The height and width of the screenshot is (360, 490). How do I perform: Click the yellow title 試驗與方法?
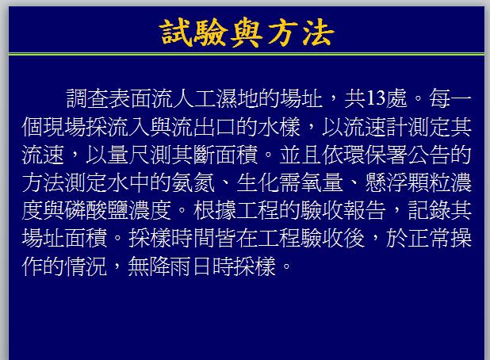click(247, 33)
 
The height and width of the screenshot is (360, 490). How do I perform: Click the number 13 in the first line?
click(376, 99)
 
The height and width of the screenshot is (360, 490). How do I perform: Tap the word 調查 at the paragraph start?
click(87, 99)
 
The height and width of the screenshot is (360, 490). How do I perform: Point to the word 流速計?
click(375, 127)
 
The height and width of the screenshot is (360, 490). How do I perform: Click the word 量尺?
click(128, 155)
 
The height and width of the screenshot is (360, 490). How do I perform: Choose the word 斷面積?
click(225, 155)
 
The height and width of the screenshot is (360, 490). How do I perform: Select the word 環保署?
click(375, 155)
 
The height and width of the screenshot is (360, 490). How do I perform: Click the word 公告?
click(429, 155)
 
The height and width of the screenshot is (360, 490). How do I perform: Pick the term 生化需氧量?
click(289, 183)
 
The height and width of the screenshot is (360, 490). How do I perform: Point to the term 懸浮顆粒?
click(408, 183)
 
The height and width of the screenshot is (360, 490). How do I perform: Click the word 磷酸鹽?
click(97, 210)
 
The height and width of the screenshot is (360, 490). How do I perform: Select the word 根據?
click(214, 210)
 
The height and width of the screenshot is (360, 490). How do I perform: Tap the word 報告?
click(365, 210)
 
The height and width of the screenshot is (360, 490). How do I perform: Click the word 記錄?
click(429, 210)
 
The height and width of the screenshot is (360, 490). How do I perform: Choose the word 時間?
click(193, 239)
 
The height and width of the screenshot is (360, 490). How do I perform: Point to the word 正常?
click(429, 239)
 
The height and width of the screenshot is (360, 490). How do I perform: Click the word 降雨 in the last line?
click(171, 266)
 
